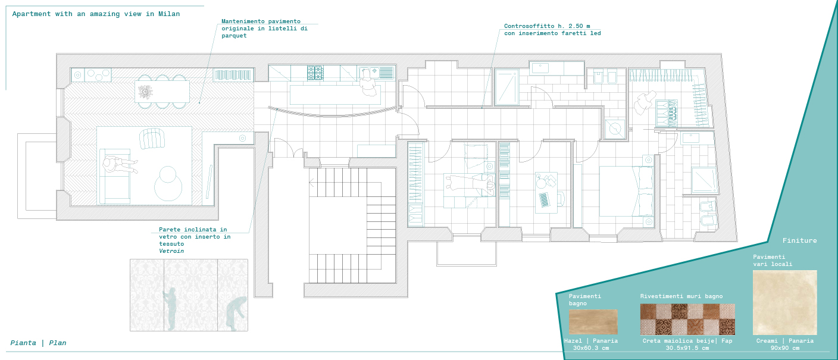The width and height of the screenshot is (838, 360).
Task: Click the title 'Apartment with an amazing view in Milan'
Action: tap(96, 14)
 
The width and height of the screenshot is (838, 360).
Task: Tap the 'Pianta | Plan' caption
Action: tap(38, 343)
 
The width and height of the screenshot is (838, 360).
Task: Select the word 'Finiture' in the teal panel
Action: tap(799, 240)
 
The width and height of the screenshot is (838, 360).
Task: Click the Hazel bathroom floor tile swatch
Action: tap(593, 322)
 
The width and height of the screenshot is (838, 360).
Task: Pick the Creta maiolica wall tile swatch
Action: tap(687, 319)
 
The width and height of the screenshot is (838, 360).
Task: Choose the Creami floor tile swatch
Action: tap(784, 302)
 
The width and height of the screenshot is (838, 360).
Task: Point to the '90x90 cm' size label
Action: tap(785, 348)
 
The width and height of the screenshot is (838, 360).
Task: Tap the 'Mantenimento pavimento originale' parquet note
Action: tap(264, 29)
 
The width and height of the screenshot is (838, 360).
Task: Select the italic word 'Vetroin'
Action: tap(171, 251)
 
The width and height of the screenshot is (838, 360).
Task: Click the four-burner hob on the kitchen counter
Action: tap(315, 73)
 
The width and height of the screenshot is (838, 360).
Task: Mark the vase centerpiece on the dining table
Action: tap(145, 91)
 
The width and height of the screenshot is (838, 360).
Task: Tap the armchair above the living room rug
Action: tap(152, 139)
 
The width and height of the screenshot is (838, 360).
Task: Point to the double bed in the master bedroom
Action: tap(626, 191)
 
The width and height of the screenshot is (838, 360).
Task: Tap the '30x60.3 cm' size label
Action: tap(591, 348)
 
